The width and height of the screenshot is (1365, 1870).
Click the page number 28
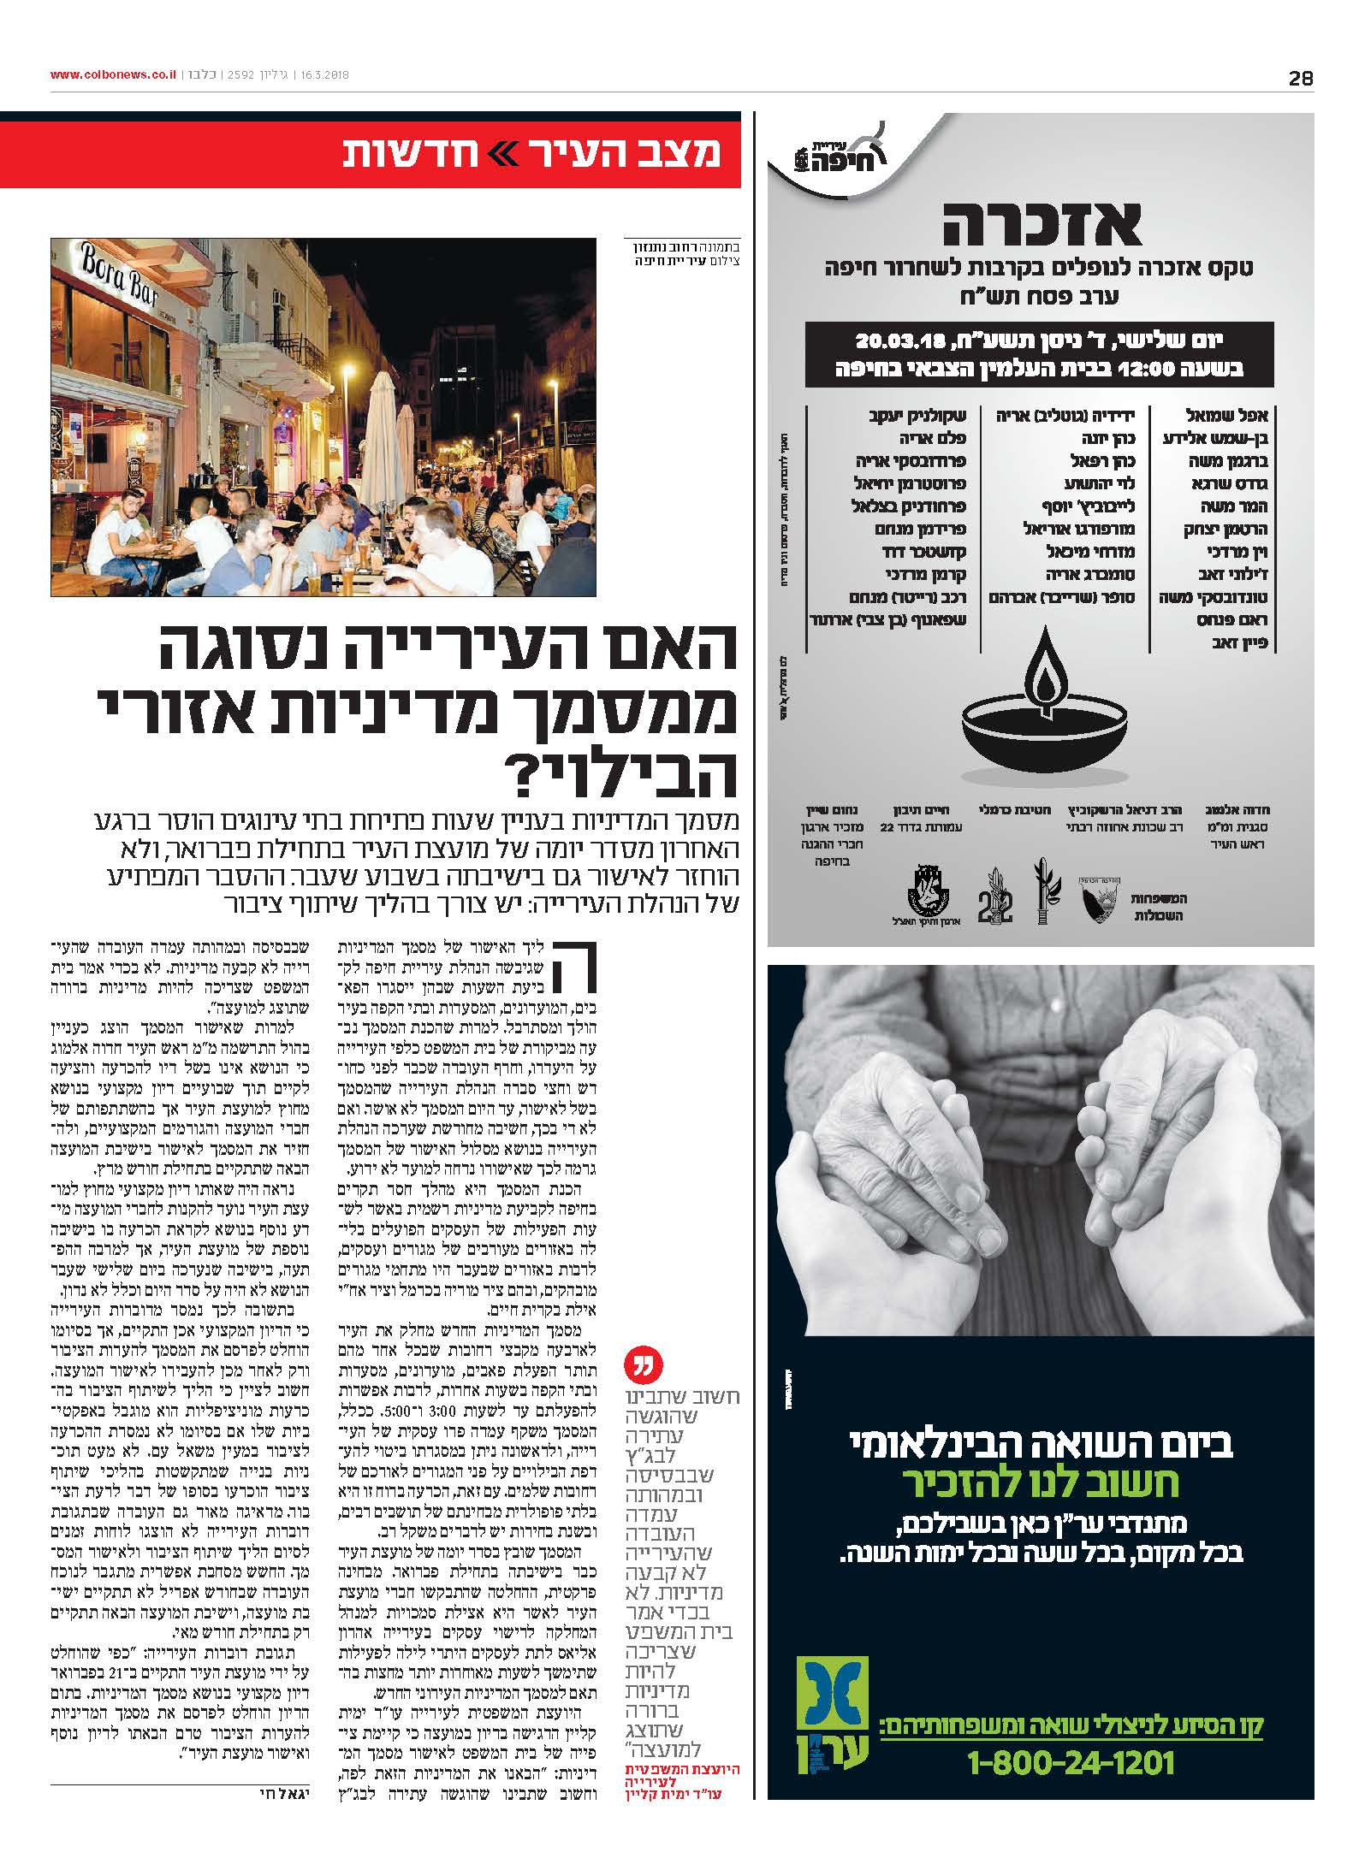[1300, 79]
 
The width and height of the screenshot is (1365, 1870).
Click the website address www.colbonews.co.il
[114, 75]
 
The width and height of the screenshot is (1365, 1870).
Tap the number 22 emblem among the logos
[995, 903]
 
